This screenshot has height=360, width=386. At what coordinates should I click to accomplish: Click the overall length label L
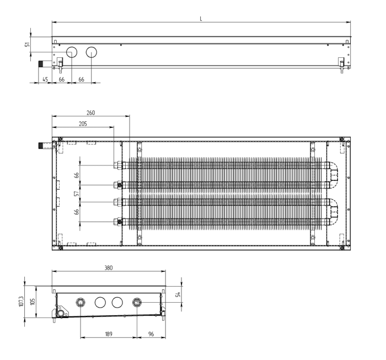(x=201, y=19)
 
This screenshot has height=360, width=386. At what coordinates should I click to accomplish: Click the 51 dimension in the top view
(x=28, y=44)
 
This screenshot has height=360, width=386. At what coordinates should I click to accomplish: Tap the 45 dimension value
(x=45, y=79)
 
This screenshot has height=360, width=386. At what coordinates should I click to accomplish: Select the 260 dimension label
(x=90, y=112)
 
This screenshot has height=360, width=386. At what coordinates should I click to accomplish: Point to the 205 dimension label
(x=83, y=123)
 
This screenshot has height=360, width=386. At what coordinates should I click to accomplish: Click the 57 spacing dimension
(x=77, y=194)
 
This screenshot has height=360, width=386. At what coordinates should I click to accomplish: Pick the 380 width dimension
(x=109, y=268)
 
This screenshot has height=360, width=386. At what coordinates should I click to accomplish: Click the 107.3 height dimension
(x=21, y=302)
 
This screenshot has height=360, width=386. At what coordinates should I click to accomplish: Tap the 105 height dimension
(x=33, y=302)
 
